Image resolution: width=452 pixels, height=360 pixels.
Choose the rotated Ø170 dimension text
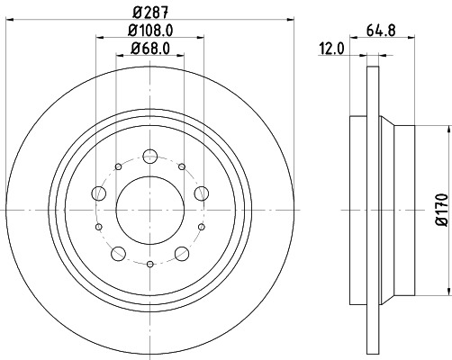click(x=441, y=209)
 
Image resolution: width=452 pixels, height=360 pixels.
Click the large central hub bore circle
click(x=150, y=210)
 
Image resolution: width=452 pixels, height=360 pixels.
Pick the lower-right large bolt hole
click(x=182, y=253)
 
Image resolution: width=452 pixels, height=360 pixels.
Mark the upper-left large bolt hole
click(x=99, y=193)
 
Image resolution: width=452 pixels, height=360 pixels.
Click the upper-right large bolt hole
click(x=202, y=193)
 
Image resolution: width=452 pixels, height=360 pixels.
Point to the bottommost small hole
click(x=150, y=263)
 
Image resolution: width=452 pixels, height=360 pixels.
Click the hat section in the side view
click(x=396, y=209)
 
